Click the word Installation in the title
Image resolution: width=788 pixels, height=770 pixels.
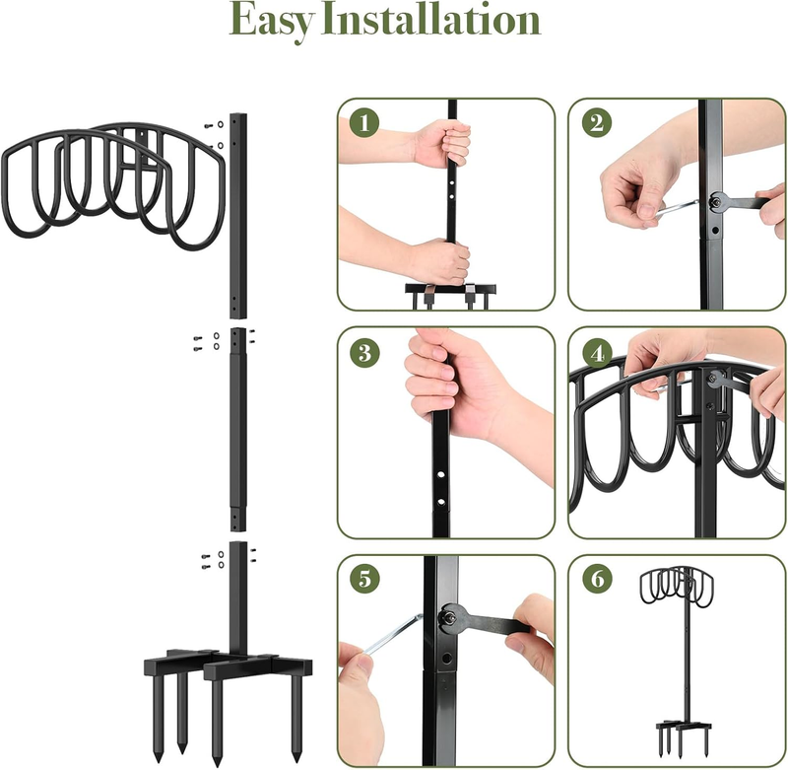coord(430,19)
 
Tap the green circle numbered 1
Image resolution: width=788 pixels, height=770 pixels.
coord(364,123)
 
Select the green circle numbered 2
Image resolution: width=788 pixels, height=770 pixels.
coord(597,123)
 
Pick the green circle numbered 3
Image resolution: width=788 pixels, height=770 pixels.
coord(364,352)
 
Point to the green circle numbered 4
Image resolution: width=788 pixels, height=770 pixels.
coord(597,352)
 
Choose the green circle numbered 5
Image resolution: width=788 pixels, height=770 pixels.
coord(364,579)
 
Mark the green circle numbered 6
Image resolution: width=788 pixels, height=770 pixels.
coord(597,579)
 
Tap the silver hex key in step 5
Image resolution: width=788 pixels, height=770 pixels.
coord(392,634)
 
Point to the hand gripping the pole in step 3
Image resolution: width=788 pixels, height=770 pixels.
coord(452,383)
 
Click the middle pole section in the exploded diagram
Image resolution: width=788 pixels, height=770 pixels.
coord(238,430)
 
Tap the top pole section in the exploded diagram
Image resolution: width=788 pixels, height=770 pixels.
coord(238,216)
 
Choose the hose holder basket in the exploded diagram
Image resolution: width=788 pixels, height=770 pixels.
coord(113,186)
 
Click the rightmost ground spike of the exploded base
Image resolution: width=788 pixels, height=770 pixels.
coord(297,718)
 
